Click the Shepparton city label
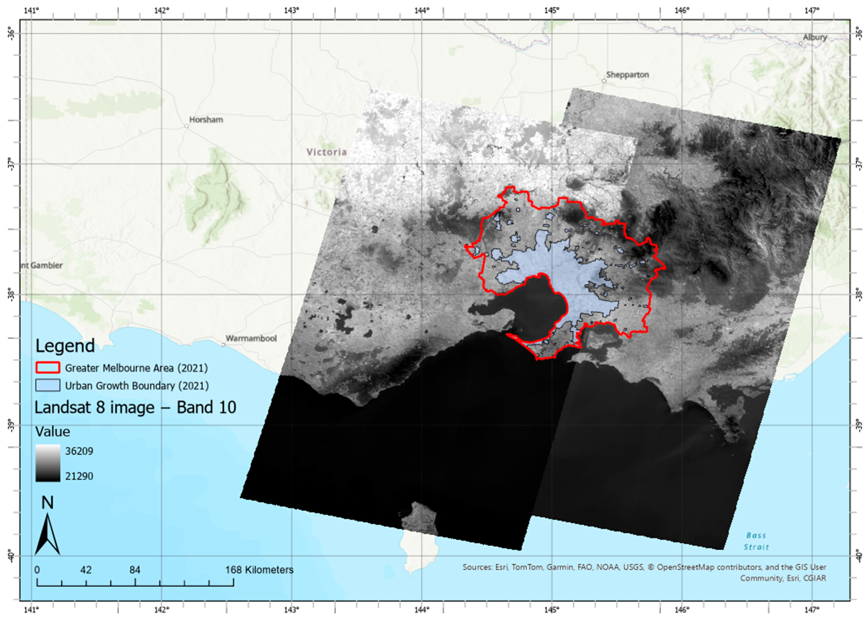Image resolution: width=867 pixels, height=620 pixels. click(x=627, y=75)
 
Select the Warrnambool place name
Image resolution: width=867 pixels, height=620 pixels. click(x=251, y=338)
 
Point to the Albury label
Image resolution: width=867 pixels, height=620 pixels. click(x=815, y=37)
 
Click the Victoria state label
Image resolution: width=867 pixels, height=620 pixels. click(x=327, y=152)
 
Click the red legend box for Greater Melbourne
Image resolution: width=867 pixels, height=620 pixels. click(x=48, y=368)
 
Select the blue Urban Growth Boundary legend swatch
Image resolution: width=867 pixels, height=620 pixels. click(x=48, y=385)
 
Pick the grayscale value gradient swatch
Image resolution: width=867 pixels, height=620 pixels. click(x=48, y=463)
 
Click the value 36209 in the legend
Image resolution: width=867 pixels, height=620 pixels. click(x=79, y=451)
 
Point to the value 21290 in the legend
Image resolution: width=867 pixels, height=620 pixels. click(x=79, y=476)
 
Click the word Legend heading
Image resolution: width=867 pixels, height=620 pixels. click(x=65, y=346)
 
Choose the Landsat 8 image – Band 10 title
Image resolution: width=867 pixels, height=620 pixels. click(x=135, y=407)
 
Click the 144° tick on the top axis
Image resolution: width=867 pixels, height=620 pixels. click(x=422, y=10)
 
